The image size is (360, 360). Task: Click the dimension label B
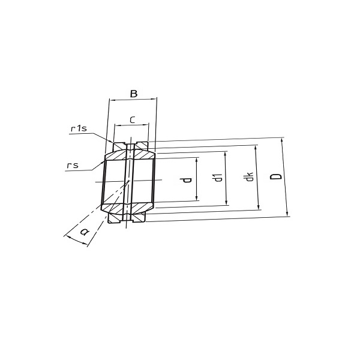pyautogui.click(x=134, y=94)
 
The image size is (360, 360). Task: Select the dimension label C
pyautogui.click(x=133, y=120)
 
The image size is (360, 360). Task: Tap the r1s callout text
pyautogui.click(x=79, y=128)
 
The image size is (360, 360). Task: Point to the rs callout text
pyautogui.click(x=73, y=165)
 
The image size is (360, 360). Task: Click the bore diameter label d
pyautogui.click(x=187, y=180)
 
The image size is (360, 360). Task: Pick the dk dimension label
pyautogui.click(x=249, y=176)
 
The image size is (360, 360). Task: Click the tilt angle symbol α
pyautogui.click(x=84, y=232)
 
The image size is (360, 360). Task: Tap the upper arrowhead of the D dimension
pyautogui.click(x=282, y=140)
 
